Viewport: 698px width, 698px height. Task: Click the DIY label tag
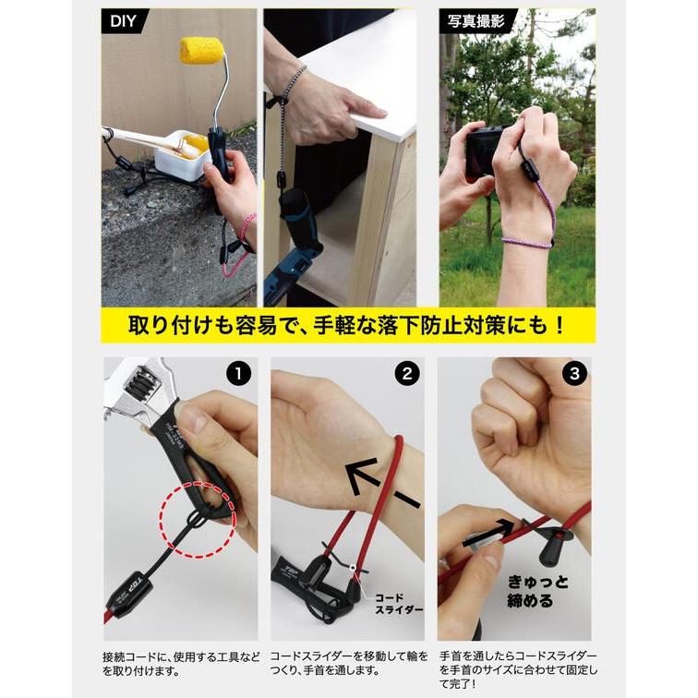pos(123,21)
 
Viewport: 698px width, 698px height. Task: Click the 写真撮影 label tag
pos(476,21)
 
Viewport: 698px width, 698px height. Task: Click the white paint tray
pos(183,154)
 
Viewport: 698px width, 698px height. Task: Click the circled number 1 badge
pos(238,374)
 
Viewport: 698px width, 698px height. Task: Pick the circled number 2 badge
pos(407,374)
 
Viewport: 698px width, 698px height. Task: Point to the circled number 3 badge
pos(574,374)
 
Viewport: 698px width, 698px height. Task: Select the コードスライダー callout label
pos(398,604)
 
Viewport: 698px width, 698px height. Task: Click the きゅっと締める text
pos(537,591)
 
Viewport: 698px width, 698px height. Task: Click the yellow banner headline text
pos(346,326)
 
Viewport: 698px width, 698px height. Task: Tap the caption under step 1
pos(180,664)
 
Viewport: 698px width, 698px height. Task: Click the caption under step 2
pos(349,663)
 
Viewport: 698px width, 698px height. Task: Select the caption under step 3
pos(518,670)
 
